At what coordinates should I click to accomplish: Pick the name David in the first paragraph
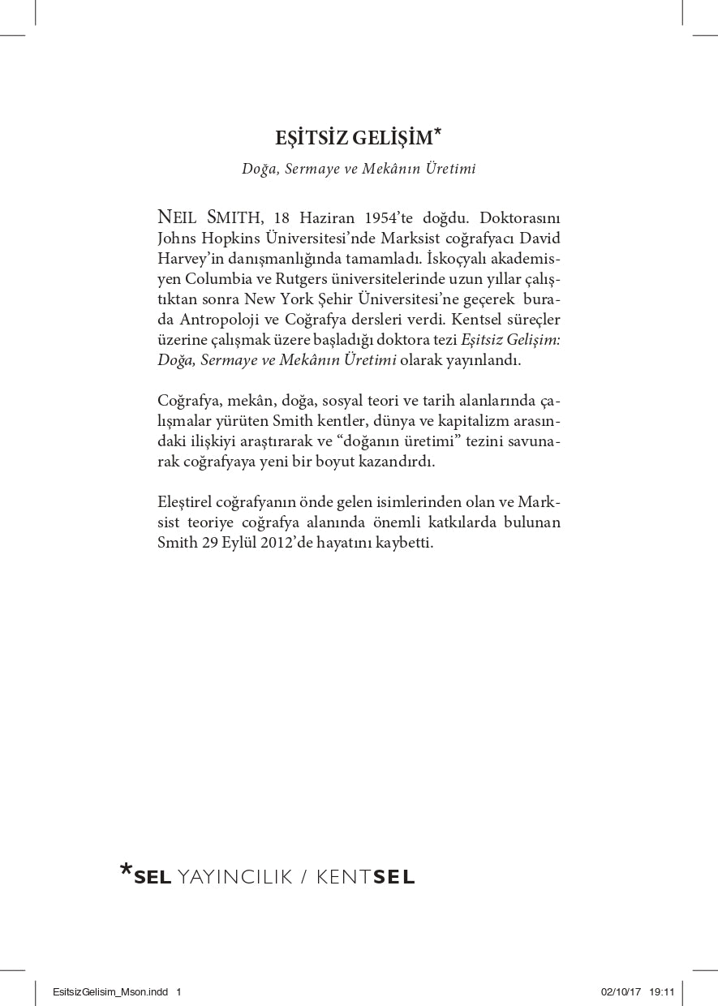click(540, 238)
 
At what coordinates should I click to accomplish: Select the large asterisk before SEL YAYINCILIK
click(126, 871)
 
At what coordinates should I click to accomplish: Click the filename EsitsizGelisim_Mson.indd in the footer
click(111, 991)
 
